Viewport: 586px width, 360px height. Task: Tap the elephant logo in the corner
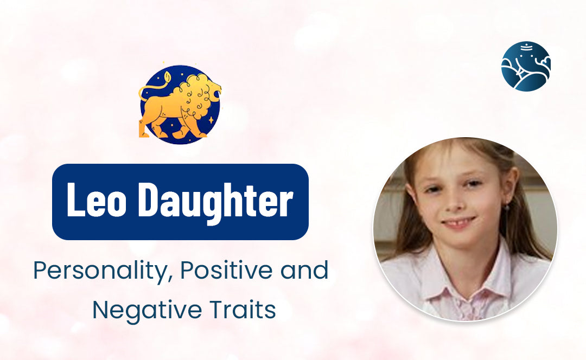coord(525,66)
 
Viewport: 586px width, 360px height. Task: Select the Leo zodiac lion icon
coord(180,104)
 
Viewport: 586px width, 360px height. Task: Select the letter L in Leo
coord(75,201)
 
